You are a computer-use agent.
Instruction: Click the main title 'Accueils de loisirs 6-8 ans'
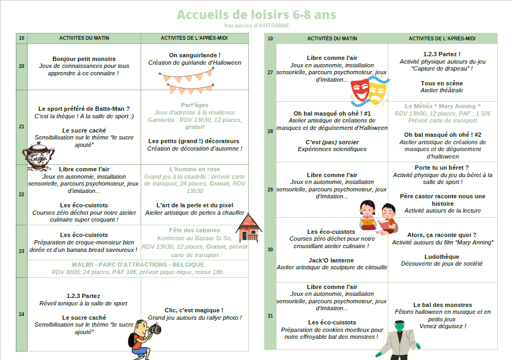pos(256,14)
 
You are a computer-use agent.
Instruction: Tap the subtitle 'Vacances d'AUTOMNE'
pos(256,25)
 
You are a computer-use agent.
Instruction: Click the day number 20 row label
pos(21,66)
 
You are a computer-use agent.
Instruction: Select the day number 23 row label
pos(21,251)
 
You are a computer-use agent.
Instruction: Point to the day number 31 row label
pos(270,315)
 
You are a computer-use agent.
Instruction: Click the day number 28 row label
pos(270,131)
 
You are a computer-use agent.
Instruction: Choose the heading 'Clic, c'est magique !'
pos(194,310)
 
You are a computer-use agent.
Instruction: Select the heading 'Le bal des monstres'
pos(442,305)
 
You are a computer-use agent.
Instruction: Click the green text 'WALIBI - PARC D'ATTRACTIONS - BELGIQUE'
pos(137,265)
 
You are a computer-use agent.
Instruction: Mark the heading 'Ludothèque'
pos(442,257)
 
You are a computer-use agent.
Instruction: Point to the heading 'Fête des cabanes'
pos(194,230)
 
